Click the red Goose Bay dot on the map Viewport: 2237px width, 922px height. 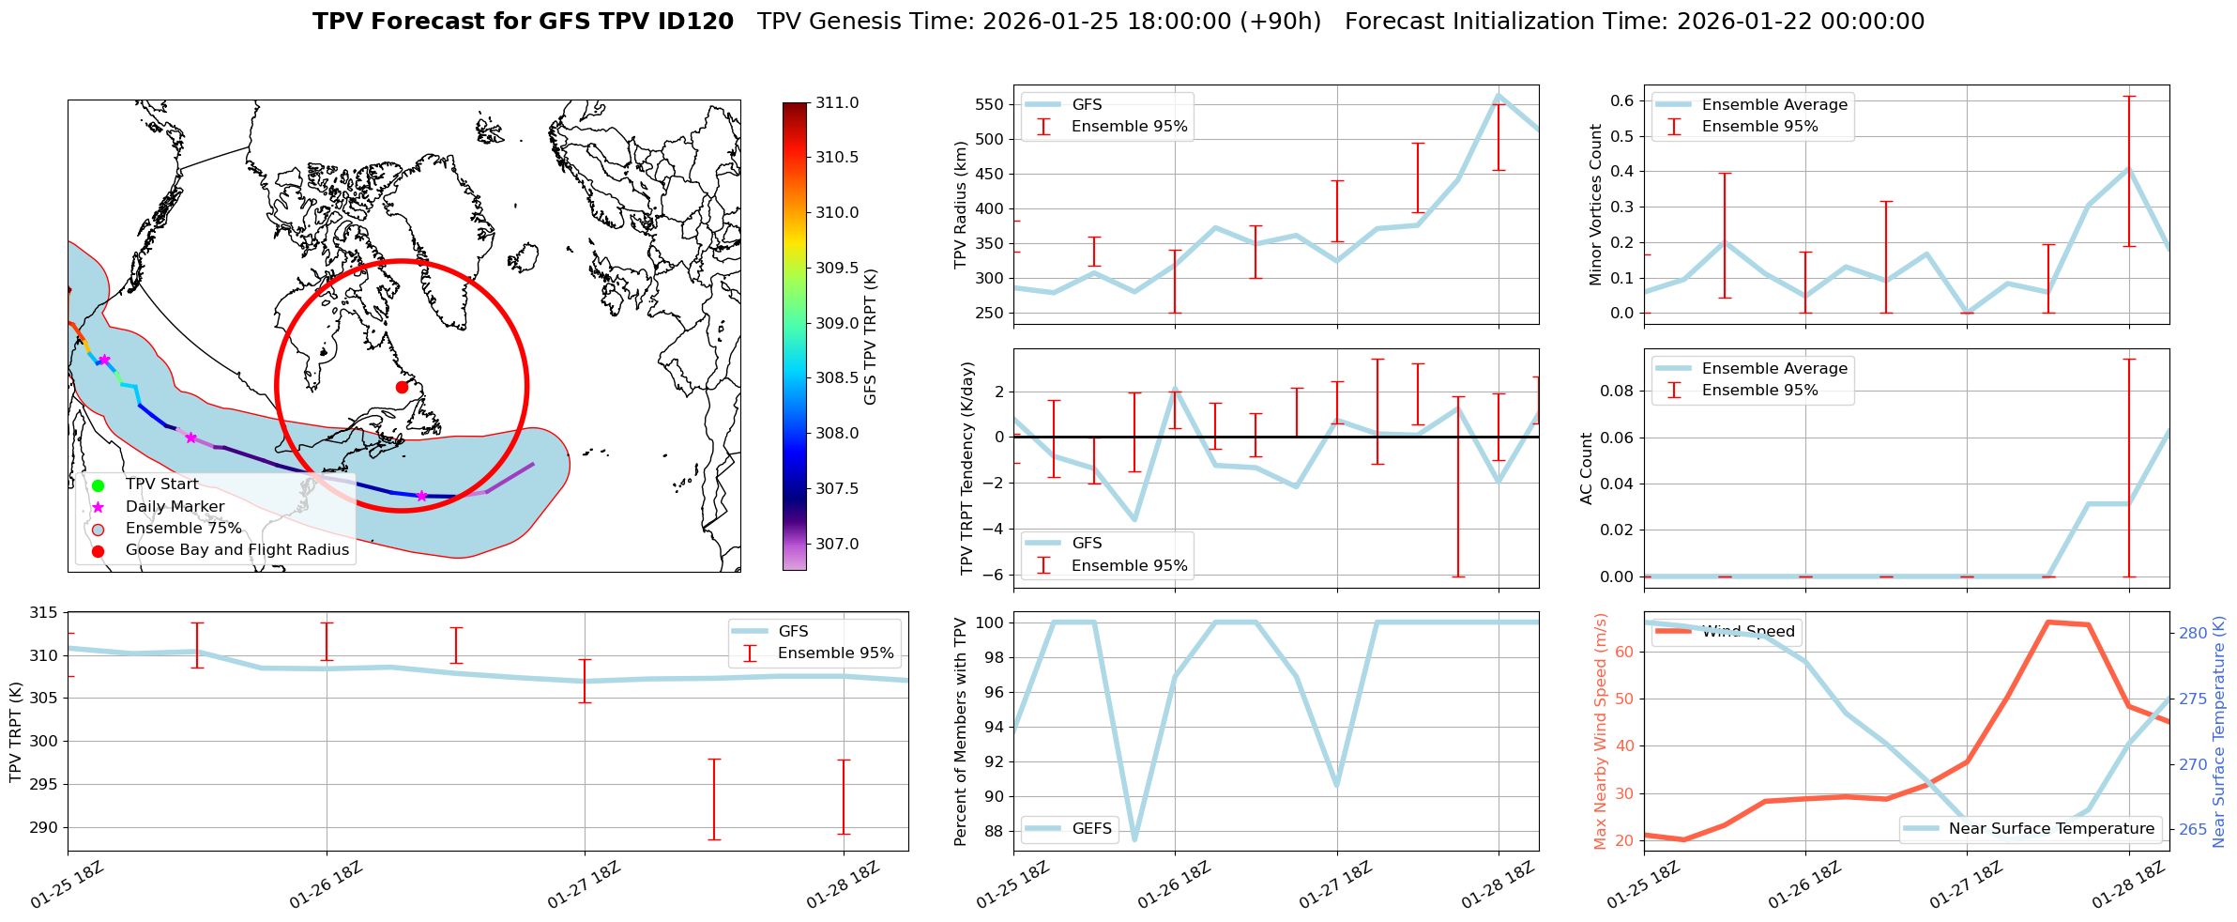pyautogui.click(x=402, y=387)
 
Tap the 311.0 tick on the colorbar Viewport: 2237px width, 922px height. pyautogui.click(x=837, y=102)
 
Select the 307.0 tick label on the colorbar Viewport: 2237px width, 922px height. pyautogui.click(x=837, y=544)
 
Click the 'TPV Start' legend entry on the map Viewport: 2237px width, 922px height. pyautogui.click(x=161, y=484)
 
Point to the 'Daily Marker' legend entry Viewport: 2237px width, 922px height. pyautogui.click(x=175, y=507)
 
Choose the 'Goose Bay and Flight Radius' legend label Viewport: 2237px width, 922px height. pyautogui.click(x=236, y=550)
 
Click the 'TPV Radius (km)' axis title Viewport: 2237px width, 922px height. pyautogui.click(x=960, y=205)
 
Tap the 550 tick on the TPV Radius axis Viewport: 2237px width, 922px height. pyautogui.click(x=989, y=104)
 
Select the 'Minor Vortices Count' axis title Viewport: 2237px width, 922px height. pyautogui.click(x=1595, y=205)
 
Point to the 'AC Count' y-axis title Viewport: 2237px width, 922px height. pyautogui.click(x=1587, y=469)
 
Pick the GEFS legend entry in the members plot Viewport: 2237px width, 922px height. pyautogui.click(x=1091, y=828)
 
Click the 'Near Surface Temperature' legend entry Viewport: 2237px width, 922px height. pyautogui.click(x=2051, y=828)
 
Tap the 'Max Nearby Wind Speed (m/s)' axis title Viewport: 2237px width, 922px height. pyautogui.click(x=1601, y=731)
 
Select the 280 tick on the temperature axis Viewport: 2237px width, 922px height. pyautogui.click(x=2193, y=634)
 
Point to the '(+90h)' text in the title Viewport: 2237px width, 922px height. pyautogui.click(x=1282, y=22)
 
